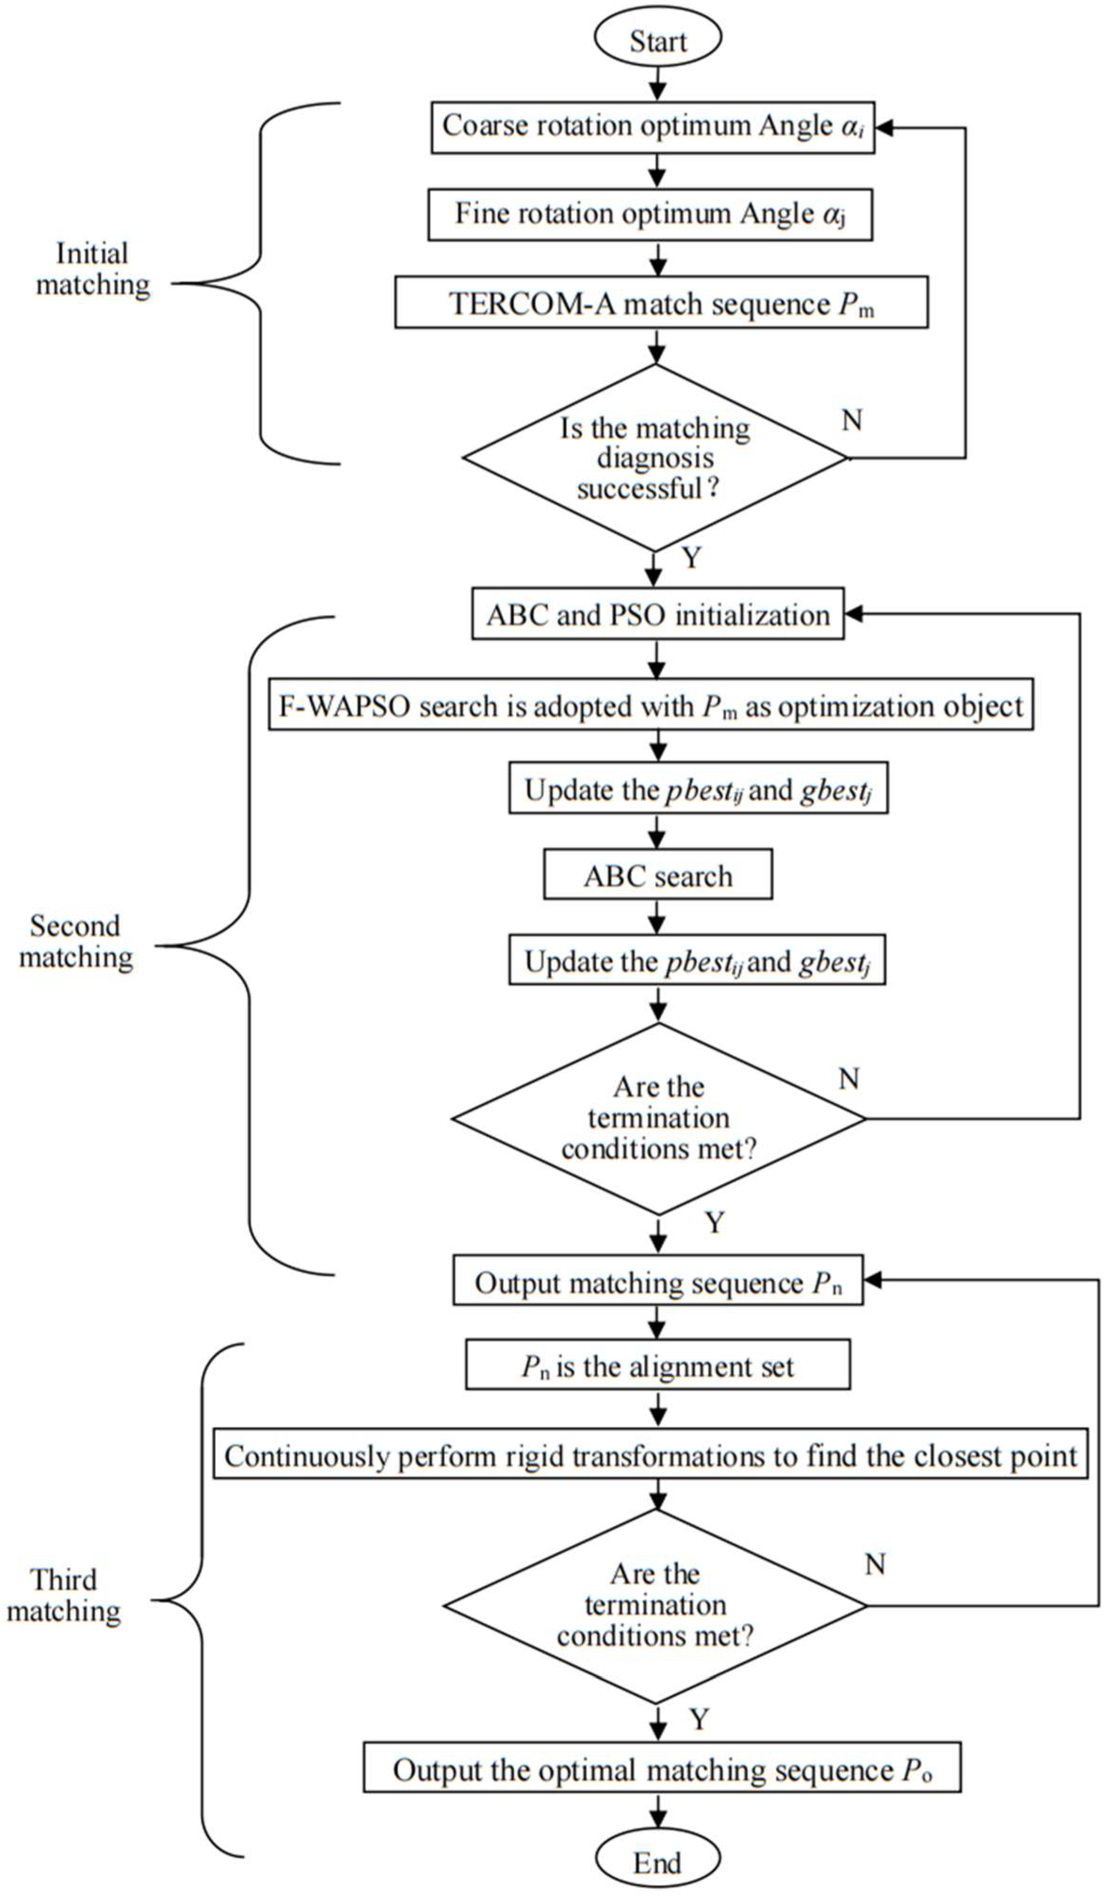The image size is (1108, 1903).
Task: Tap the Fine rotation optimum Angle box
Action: tap(650, 215)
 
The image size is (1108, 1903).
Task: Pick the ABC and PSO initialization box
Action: tap(658, 615)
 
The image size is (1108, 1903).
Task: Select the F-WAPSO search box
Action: tap(650, 707)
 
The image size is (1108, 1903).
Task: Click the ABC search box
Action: tap(658, 876)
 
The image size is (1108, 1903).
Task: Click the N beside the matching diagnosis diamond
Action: tap(852, 420)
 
